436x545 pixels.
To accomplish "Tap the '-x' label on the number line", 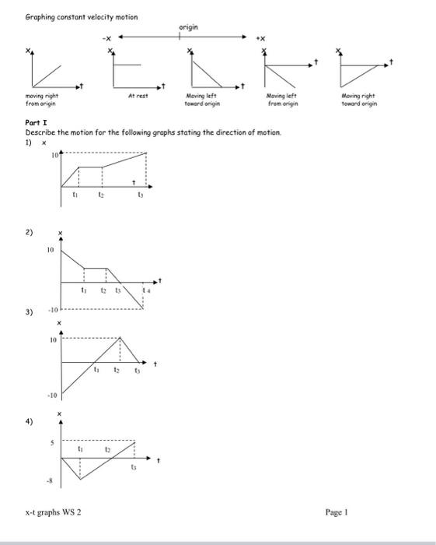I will [106, 37].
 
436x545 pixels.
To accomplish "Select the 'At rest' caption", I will [137, 97].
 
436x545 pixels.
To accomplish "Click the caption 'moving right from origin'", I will [40, 100].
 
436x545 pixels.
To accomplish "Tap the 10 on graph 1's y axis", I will [56, 155].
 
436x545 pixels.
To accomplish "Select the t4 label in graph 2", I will [145, 290].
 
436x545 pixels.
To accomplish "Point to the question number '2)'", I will [29, 233].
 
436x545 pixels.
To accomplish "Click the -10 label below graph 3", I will [51, 395].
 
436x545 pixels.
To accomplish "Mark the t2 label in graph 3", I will [117, 371].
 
